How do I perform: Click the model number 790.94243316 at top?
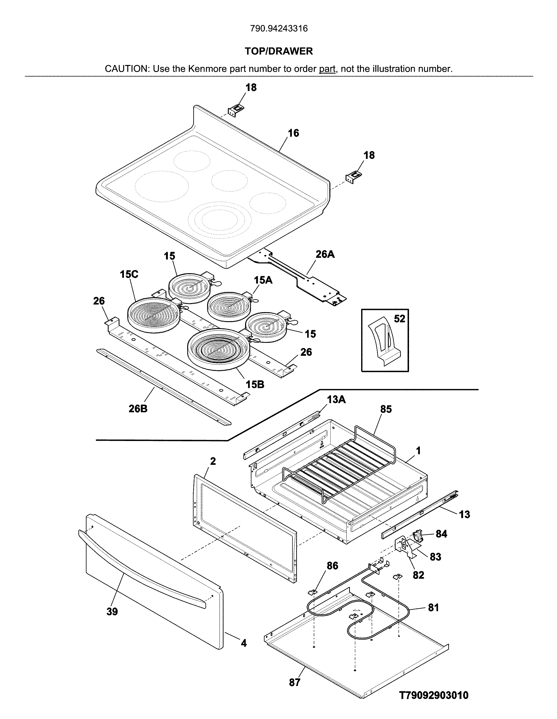pyautogui.click(x=279, y=29)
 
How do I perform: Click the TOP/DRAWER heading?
pyautogui.click(x=279, y=51)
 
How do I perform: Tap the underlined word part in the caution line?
pyautogui.click(x=327, y=69)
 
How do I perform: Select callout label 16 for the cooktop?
pyautogui.click(x=294, y=133)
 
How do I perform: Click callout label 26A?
pyautogui.click(x=325, y=254)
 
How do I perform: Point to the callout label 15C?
pyautogui.click(x=129, y=274)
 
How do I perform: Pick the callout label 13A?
pyautogui.click(x=336, y=399)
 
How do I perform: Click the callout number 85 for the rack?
pyautogui.click(x=386, y=409)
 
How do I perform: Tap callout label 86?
pyautogui.click(x=332, y=566)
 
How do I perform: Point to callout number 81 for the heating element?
pyautogui.click(x=433, y=608)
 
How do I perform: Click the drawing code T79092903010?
pyautogui.click(x=434, y=695)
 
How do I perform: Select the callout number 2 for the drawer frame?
pyautogui.click(x=213, y=461)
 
